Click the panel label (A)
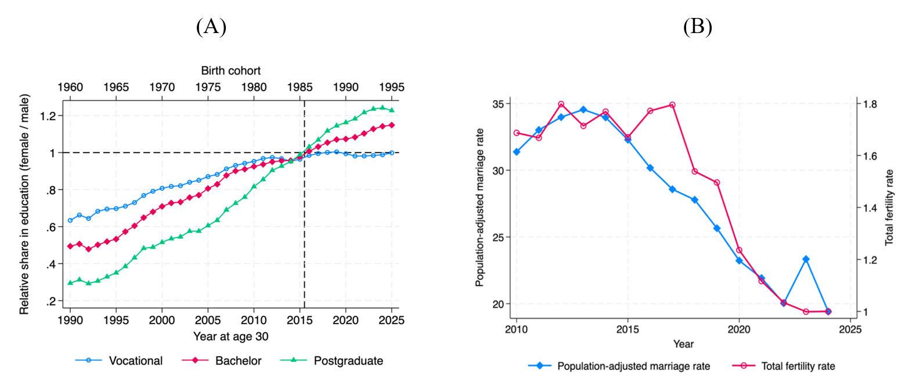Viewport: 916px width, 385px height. tap(211, 27)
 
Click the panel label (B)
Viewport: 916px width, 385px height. tap(697, 27)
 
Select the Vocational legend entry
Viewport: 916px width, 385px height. tap(135, 361)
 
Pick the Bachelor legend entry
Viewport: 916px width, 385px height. tap(238, 361)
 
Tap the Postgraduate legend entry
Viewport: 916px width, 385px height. tap(348, 361)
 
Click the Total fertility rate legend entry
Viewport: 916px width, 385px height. tap(798, 366)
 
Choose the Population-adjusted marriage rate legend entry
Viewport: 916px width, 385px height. tap(633, 366)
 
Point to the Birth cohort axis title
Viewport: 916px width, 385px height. tap(230, 71)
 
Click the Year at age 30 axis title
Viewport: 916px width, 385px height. tap(230, 336)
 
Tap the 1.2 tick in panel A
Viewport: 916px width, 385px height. tap(48, 116)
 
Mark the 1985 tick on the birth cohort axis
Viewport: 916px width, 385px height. tap(300, 87)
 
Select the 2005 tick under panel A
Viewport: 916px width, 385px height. tap(208, 320)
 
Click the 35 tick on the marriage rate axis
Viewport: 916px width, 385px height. tap(497, 104)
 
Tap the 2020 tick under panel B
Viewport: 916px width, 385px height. tap(739, 329)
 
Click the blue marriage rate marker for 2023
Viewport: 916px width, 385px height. tap(806, 259)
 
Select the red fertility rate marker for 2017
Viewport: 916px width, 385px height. tap(672, 105)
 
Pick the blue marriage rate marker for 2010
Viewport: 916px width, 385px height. tap(516, 152)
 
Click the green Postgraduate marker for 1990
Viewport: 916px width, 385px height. tap(70, 283)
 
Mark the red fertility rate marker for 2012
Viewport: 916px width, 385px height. tap(561, 104)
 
